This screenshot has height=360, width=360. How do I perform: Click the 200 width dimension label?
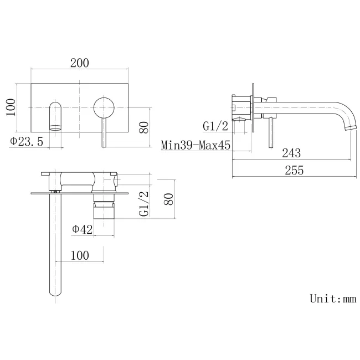(x=80, y=63)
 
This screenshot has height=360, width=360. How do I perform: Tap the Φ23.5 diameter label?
(x=27, y=141)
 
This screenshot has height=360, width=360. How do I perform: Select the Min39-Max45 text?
(x=196, y=145)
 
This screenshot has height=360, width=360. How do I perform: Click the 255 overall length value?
(x=294, y=171)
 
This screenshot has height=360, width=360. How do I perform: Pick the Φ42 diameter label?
(x=82, y=229)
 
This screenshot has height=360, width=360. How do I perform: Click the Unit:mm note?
(x=332, y=299)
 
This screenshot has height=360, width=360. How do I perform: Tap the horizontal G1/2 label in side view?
(x=216, y=126)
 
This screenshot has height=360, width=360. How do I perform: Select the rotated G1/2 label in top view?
(x=143, y=203)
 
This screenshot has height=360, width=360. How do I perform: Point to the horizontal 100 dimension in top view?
(x=80, y=255)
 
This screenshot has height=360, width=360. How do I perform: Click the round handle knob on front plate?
(x=104, y=107)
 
